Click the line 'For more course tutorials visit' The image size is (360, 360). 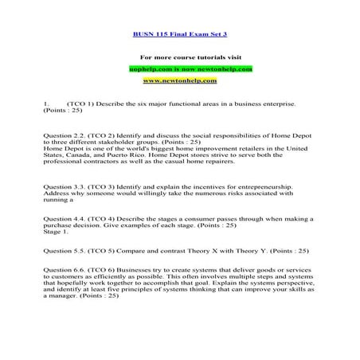point(179,58)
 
